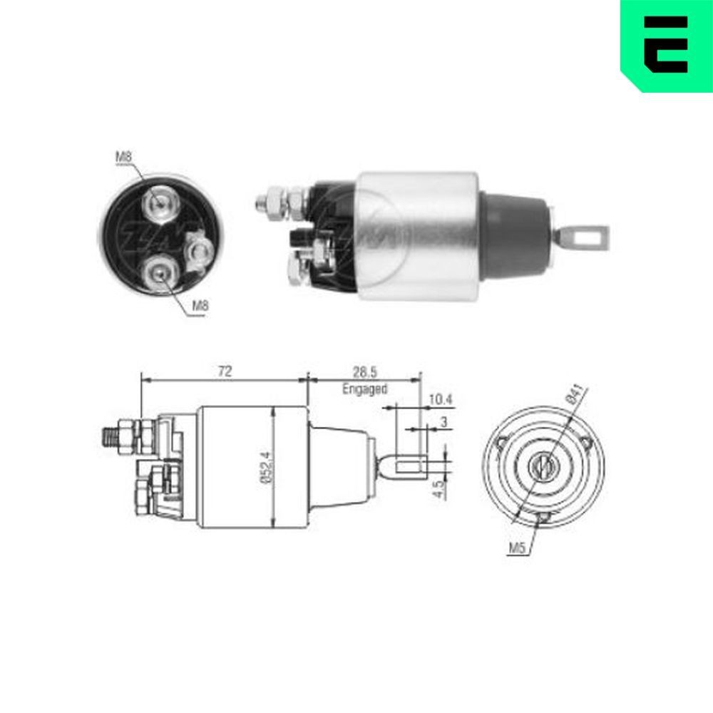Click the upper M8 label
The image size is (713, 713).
[124, 157]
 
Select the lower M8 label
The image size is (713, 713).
[200, 306]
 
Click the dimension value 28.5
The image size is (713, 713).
[364, 371]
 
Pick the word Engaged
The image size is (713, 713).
[364, 389]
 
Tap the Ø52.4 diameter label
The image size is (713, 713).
[266, 468]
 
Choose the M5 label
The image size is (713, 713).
[517, 547]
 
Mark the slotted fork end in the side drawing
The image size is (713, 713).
[409, 468]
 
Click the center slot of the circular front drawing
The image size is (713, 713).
[543, 467]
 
